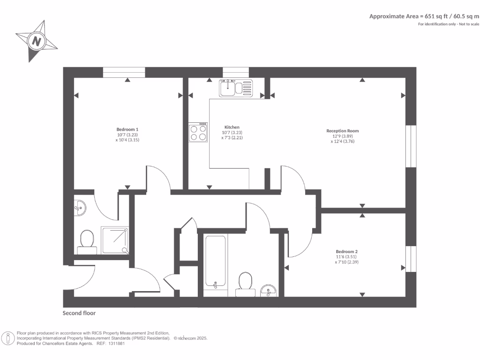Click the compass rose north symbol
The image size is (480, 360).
36,41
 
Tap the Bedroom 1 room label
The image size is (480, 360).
127,129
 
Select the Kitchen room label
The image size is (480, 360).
232,127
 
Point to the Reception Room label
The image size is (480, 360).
343,131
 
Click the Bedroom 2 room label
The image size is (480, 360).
346,251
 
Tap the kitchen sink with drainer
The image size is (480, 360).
236,88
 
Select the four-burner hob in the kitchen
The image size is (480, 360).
198,132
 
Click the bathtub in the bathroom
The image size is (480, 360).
216,265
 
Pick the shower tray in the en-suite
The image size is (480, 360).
115,240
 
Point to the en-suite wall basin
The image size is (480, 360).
80,207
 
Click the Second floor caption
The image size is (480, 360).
79,313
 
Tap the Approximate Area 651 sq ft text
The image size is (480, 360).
424,16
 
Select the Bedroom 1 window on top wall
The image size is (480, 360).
124,72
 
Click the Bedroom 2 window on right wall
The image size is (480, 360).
411,259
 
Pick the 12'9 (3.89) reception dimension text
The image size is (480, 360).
343,136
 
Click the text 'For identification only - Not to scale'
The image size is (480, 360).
449,24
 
